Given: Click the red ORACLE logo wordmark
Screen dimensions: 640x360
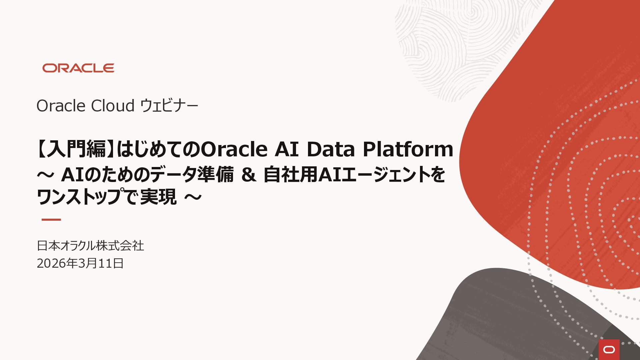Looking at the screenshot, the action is click(x=78, y=68).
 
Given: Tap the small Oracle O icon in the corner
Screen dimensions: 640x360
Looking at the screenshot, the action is click(x=609, y=350).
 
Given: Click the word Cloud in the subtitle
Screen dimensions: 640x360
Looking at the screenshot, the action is click(x=113, y=106).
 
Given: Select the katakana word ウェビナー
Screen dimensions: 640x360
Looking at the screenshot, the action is click(x=169, y=106).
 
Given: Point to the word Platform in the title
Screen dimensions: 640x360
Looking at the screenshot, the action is click(x=408, y=149).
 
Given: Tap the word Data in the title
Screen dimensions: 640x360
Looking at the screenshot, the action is click(x=331, y=149).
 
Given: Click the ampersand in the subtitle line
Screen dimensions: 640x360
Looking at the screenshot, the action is click(x=249, y=175).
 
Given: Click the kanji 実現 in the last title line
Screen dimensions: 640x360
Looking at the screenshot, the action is click(x=158, y=197).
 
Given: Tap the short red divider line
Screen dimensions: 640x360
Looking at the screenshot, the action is click(x=51, y=220).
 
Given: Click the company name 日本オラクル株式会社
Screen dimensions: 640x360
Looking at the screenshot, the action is click(x=90, y=246).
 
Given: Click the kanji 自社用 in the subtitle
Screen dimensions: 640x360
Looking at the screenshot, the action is click(x=290, y=175).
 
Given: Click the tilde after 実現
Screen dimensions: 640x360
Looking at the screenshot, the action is click(x=193, y=197).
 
